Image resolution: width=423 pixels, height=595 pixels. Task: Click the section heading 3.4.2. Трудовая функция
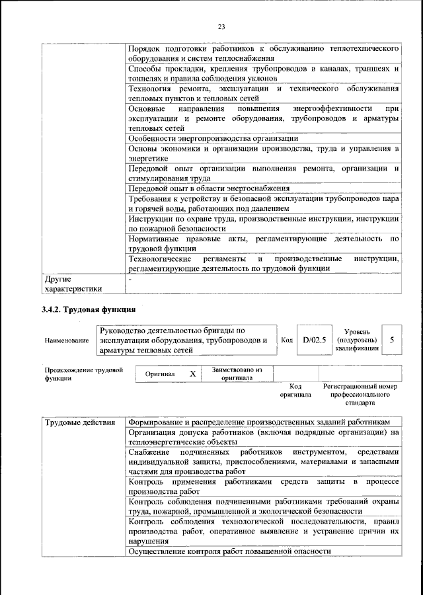(89, 309)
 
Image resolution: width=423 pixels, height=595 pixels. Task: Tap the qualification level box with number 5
(392, 340)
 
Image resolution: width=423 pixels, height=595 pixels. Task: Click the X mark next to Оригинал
(193, 374)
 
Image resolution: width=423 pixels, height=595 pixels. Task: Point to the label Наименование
(67, 340)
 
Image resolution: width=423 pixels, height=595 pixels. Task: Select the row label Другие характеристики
(73, 284)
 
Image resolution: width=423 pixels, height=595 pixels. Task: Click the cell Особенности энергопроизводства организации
(213, 139)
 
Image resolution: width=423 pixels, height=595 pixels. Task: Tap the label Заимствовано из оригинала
(237, 374)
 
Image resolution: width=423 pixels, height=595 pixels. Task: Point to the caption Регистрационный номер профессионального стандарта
(360, 393)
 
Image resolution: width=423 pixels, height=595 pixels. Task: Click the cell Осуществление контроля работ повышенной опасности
(229, 551)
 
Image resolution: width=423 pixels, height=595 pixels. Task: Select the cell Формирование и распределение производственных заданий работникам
(259, 422)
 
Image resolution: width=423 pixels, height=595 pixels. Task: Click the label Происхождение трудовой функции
(83, 374)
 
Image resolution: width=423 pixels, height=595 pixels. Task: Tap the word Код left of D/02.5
(287, 340)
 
